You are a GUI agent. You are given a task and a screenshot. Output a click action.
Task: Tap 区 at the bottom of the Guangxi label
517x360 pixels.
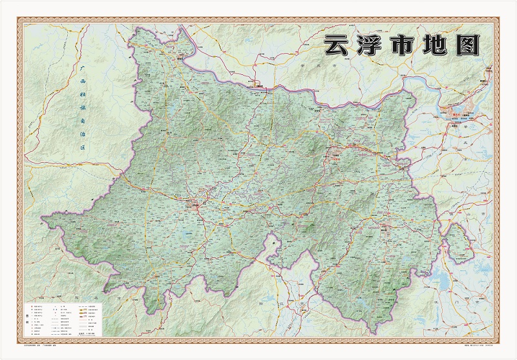click(82, 148)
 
